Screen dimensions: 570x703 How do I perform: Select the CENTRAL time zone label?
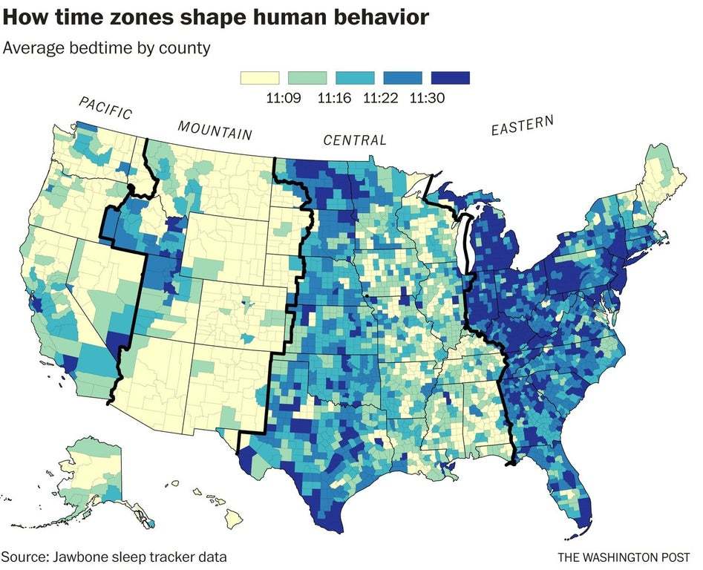354,140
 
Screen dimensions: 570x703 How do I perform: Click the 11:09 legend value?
283,97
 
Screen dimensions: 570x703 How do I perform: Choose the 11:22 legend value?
379,97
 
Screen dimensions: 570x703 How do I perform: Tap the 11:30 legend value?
426,97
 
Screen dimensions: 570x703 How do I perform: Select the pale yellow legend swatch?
259,78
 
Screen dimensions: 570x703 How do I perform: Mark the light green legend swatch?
307,78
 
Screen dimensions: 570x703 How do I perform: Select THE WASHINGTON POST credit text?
624,557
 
